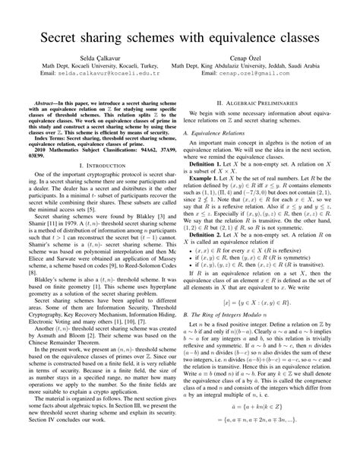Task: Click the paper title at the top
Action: point(180,36)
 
